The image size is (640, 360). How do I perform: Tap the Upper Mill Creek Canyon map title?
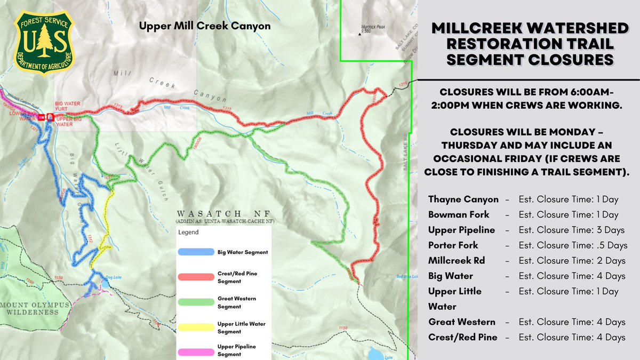click(205, 26)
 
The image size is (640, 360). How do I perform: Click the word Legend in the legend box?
click(188, 233)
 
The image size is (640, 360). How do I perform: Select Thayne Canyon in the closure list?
click(463, 199)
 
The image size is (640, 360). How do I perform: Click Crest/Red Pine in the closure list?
click(462, 337)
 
